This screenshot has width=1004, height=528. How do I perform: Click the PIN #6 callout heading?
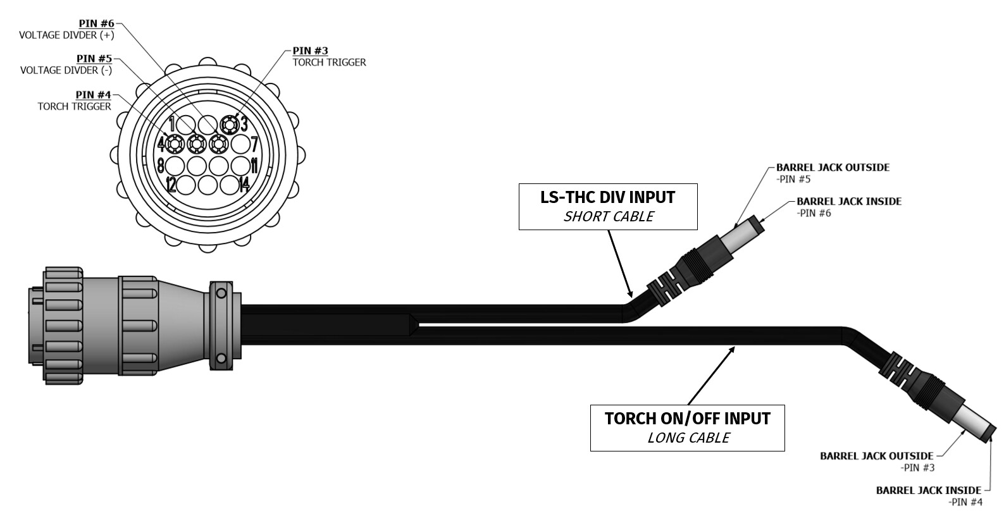point(96,23)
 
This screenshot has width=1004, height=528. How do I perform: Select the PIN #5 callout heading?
point(94,59)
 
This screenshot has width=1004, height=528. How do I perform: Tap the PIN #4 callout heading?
point(93,95)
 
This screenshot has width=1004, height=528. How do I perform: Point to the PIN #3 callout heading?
point(310,51)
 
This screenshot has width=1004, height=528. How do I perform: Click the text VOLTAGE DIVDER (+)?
point(66,35)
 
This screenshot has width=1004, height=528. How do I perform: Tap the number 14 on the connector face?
point(245,185)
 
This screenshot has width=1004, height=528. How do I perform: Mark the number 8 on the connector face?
point(161,166)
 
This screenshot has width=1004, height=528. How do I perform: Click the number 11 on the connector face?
point(253,166)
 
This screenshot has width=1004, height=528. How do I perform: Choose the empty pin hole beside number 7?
point(240,144)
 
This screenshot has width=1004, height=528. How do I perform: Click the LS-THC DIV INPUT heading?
point(607,197)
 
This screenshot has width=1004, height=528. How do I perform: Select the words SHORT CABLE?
point(608,217)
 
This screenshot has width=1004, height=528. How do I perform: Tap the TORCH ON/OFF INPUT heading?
point(687,419)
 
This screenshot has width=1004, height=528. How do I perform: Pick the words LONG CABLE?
point(688,438)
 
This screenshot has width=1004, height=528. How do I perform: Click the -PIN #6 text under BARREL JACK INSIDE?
point(814,213)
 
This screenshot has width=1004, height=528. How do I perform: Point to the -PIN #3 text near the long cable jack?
point(917,468)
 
